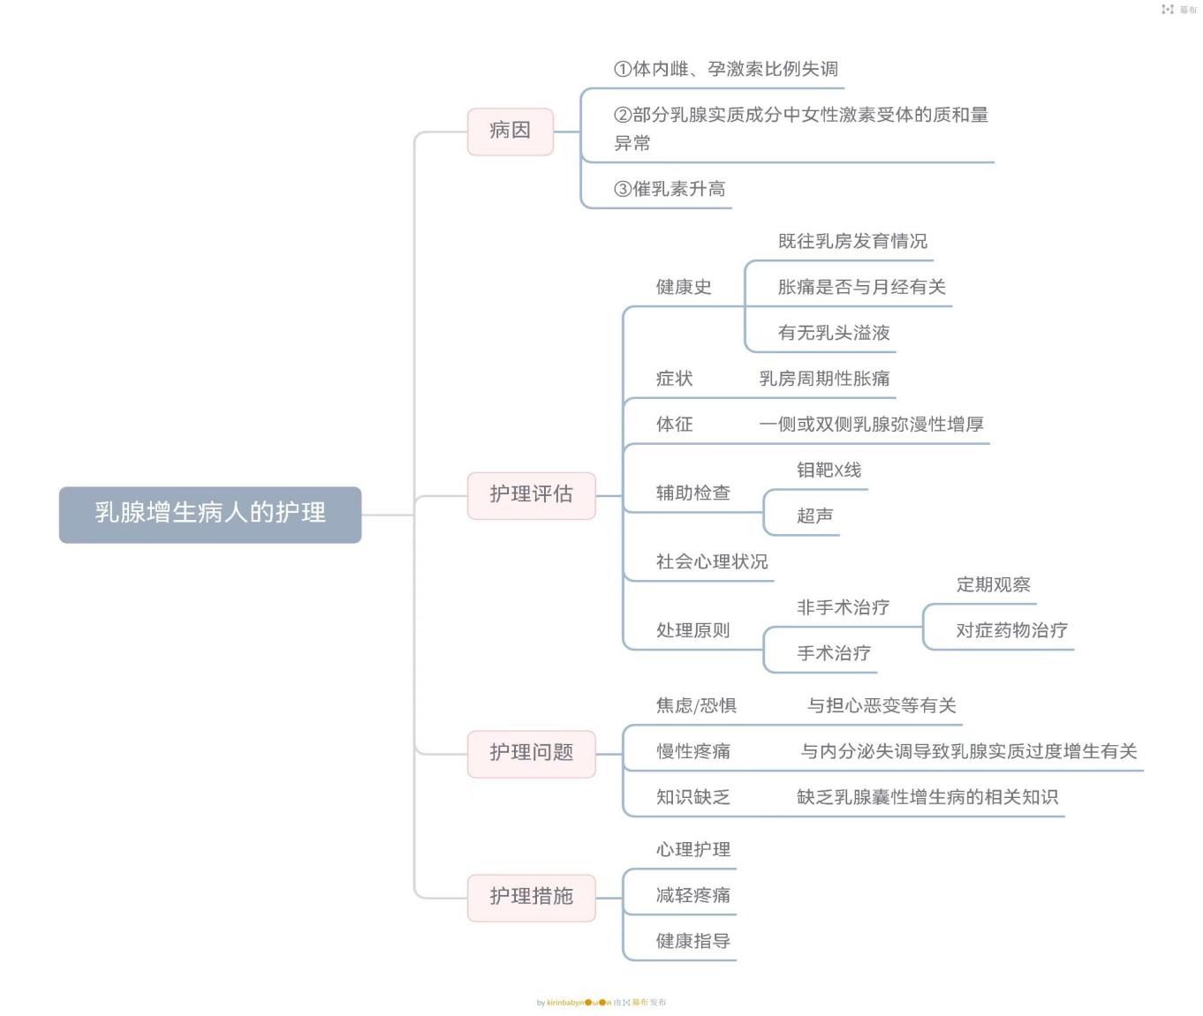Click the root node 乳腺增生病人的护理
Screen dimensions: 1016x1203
pyautogui.click(x=210, y=514)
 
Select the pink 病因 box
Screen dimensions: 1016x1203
pyautogui.click(x=510, y=131)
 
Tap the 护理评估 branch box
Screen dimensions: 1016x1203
pyautogui.click(x=531, y=494)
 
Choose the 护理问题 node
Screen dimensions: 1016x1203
pyautogui.click(x=531, y=753)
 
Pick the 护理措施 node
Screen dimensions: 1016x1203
pyautogui.click(x=531, y=897)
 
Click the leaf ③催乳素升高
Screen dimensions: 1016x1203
pyautogui.click(x=670, y=189)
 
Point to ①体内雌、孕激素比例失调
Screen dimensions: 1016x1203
pyautogui.click(x=726, y=69)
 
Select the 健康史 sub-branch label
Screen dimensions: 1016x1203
pyautogui.click(x=684, y=287)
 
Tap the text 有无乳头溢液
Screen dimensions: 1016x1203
pyautogui.click(x=834, y=333)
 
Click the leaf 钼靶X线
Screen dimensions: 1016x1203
pyautogui.click(x=828, y=470)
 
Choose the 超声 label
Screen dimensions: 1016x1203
pyautogui.click(x=814, y=516)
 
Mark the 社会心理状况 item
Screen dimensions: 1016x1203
pyautogui.click(x=712, y=562)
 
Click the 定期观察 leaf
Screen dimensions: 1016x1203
pyautogui.click(x=993, y=585)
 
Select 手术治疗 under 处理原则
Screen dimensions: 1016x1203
pyautogui.click(x=834, y=654)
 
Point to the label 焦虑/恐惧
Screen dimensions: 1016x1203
pyautogui.click(x=696, y=706)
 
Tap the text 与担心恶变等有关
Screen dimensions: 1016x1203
pyautogui.click(x=881, y=706)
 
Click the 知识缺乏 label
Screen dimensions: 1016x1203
pyautogui.click(x=692, y=798)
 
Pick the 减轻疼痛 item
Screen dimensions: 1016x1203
pyautogui.click(x=692, y=896)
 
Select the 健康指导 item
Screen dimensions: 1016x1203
pyautogui.click(x=692, y=942)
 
